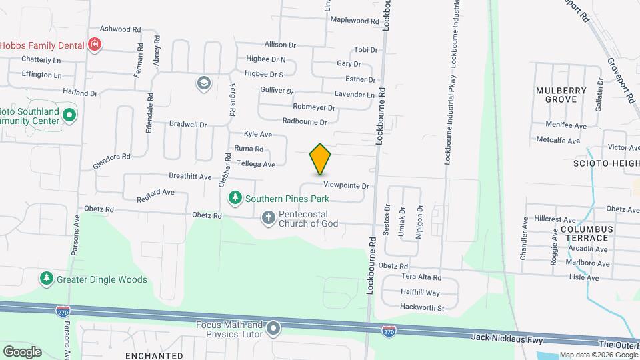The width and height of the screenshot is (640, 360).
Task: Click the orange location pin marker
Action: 320,159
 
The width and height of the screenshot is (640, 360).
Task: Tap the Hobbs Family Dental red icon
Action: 95,45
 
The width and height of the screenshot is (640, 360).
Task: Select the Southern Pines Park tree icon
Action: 235,198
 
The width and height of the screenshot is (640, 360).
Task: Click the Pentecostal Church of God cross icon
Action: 268,217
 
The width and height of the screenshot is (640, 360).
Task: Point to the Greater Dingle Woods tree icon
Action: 46,279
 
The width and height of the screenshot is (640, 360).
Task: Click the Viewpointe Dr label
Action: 346,185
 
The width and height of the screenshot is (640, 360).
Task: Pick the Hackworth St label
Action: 421,307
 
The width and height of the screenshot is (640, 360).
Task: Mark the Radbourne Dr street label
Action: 305,122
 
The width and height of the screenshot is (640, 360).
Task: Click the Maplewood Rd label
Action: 355,21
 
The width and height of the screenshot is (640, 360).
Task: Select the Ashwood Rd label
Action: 120,29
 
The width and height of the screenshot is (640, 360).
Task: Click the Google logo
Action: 22,351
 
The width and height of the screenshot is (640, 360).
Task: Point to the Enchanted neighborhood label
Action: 154,355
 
